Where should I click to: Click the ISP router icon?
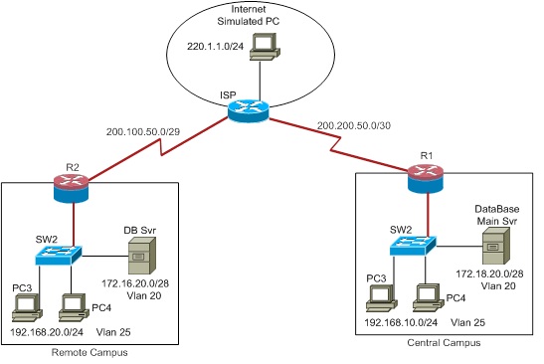tap(242, 111)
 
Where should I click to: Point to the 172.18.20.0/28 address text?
tap(490, 272)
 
